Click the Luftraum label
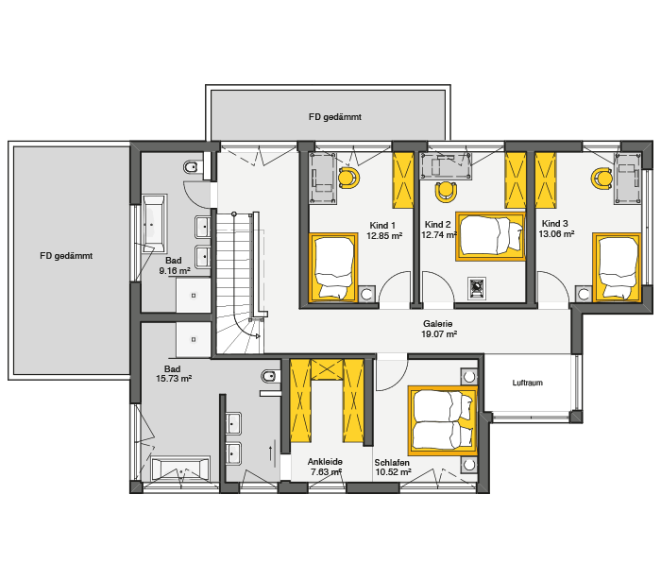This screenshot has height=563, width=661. pyautogui.click(x=527, y=383)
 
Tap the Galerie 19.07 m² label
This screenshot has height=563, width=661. pyautogui.click(x=439, y=329)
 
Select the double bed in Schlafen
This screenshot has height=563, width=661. pyautogui.click(x=443, y=420)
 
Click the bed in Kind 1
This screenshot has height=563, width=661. pyautogui.click(x=333, y=267)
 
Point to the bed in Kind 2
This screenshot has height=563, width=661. pyautogui.click(x=490, y=236)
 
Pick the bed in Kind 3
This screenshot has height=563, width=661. pyautogui.click(x=618, y=267)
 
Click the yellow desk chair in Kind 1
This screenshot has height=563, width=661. pyautogui.click(x=349, y=178)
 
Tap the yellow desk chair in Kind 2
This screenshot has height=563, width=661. pyautogui.click(x=446, y=192)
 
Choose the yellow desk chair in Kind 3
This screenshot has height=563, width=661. pyautogui.click(x=602, y=179)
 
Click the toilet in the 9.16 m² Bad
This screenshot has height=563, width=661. pyautogui.click(x=191, y=167)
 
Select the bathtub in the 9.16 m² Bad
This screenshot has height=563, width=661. pyautogui.click(x=153, y=224)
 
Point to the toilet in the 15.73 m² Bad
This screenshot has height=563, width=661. pyautogui.click(x=270, y=376)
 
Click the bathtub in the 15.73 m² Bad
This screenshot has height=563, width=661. pyautogui.click(x=180, y=469)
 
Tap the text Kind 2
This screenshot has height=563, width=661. pyautogui.click(x=437, y=225)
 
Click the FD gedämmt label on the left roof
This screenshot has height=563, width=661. pyautogui.click(x=66, y=256)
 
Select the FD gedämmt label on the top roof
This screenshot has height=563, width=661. pyautogui.click(x=335, y=117)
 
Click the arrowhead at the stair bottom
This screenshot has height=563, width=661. pyautogui.click(x=257, y=335)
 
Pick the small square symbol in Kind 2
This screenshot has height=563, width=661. pyautogui.click(x=477, y=288)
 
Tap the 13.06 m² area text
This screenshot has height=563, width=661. pyautogui.click(x=556, y=234)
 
